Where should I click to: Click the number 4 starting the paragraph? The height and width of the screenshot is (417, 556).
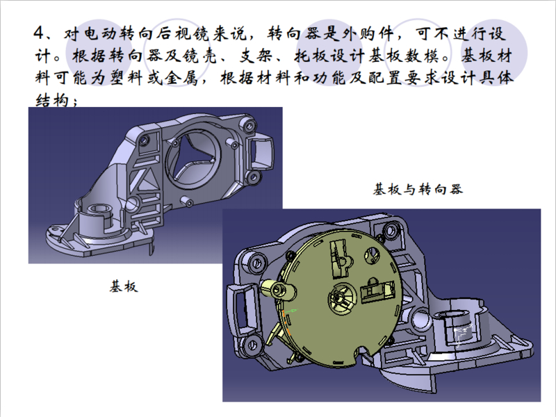coord(39,33)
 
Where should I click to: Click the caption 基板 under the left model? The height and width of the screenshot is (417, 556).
coord(124,286)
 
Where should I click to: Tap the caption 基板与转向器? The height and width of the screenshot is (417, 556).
coord(418,188)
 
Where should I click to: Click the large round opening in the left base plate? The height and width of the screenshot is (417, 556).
coord(194,158)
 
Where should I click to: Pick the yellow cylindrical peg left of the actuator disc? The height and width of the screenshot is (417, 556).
coord(277,288)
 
